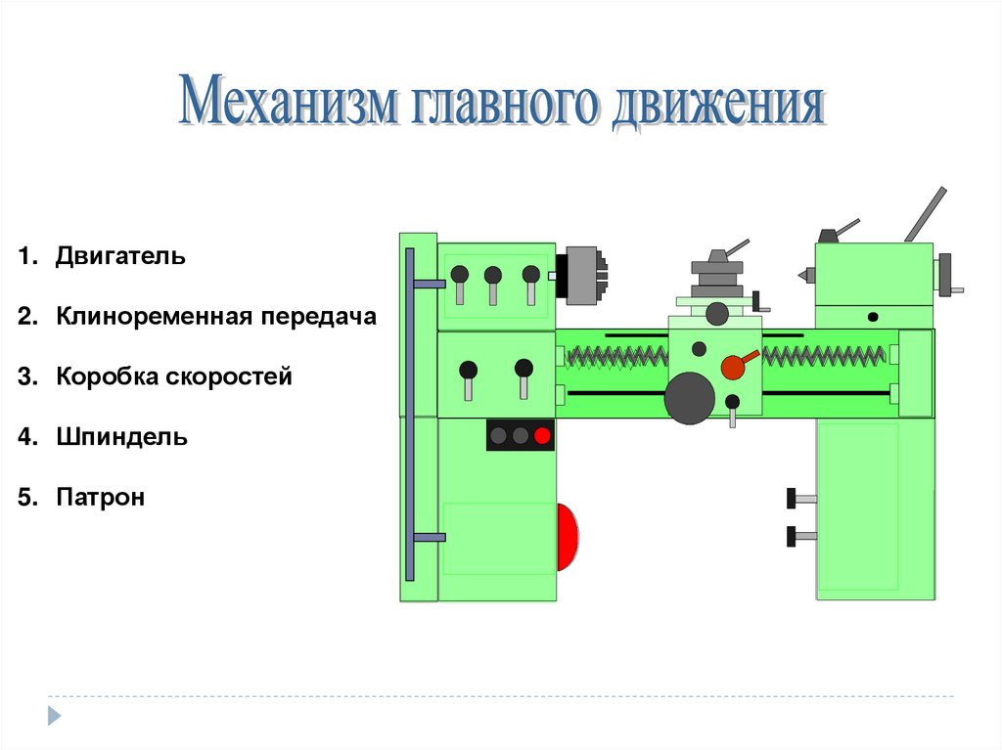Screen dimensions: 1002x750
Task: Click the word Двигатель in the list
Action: (x=120, y=257)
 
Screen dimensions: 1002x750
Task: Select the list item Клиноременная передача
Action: (x=215, y=317)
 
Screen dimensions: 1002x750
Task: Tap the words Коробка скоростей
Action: (x=174, y=376)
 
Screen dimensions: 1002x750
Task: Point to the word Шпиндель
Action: (x=121, y=436)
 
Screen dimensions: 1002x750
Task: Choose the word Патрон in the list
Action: (x=100, y=497)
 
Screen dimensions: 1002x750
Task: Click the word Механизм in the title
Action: (x=289, y=104)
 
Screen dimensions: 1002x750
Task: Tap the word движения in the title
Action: (x=717, y=106)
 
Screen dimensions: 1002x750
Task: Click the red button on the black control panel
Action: (x=542, y=435)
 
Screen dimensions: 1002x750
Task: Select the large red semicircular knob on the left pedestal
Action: (x=567, y=537)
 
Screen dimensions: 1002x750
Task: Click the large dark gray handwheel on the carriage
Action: (x=689, y=398)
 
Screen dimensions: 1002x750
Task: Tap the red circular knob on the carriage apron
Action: (x=732, y=367)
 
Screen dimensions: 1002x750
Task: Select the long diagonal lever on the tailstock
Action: (x=925, y=214)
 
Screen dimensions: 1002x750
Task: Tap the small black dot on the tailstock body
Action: (x=872, y=317)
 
